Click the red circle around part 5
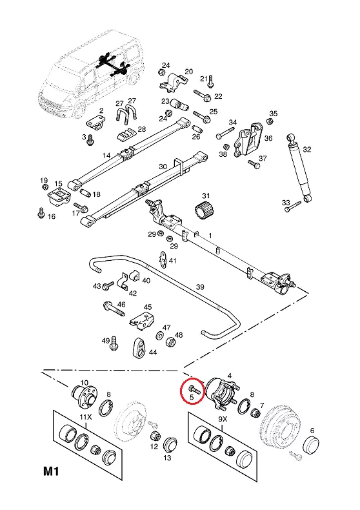(182, 391)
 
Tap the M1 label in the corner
(52, 471)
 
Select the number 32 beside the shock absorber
(306, 149)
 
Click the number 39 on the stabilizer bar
(200, 287)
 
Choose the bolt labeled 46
(114, 309)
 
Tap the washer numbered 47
(159, 335)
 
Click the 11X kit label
(86, 417)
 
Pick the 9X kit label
(223, 419)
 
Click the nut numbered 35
(269, 121)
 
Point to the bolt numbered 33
(293, 207)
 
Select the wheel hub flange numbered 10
(83, 396)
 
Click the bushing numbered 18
(85, 192)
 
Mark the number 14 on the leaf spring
(106, 156)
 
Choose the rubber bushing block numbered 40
(134, 276)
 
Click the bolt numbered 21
(210, 81)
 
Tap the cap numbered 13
(170, 445)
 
